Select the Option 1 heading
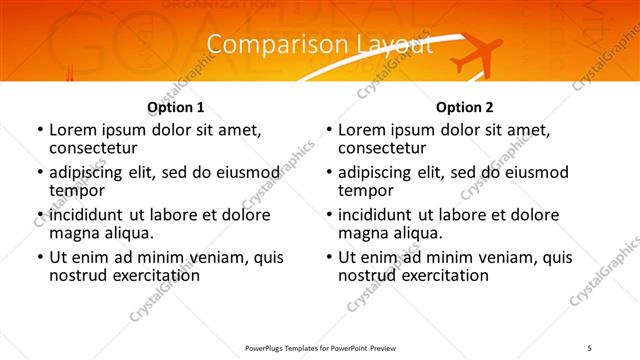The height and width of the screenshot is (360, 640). tap(176, 107)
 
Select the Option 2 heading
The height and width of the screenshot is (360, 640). tap(465, 107)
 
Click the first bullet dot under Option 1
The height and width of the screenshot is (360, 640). tap(39, 130)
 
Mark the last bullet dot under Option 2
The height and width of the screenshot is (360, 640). tap(328, 257)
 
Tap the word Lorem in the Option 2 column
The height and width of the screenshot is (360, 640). tap(361, 130)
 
